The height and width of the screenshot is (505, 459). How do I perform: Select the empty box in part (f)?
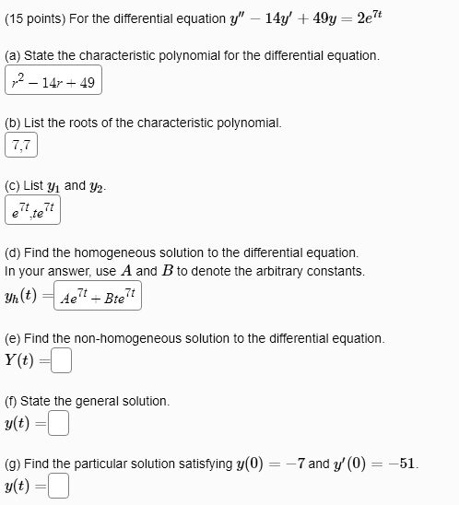[x=58, y=424]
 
